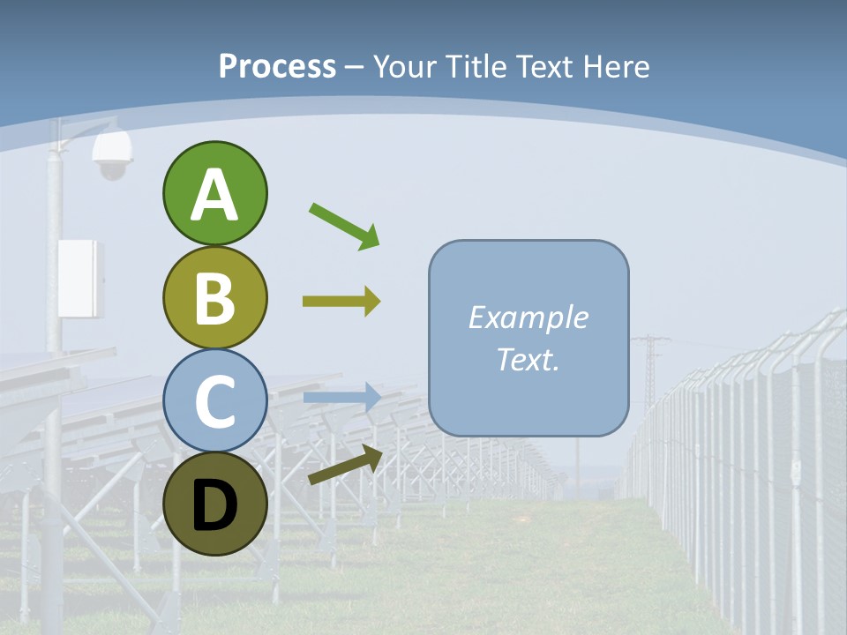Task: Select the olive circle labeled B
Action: [214, 298]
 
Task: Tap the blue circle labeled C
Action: [214, 400]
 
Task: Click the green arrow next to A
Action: [344, 225]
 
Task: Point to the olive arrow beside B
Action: [341, 302]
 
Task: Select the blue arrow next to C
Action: [342, 398]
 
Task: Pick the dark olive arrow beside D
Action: [345, 465]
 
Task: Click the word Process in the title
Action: [277, 67]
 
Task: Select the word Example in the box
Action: [528, 317]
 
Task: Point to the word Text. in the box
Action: [528, 359]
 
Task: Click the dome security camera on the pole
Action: [112, 157]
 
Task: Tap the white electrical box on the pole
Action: [80, 279]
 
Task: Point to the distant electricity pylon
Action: [650, 370]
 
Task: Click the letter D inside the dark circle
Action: [214, 506]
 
